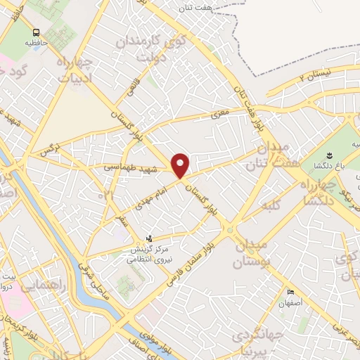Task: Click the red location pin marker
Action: click(181, 165)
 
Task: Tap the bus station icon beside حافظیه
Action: click(36, 32)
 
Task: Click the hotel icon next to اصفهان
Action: click(290, 292)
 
